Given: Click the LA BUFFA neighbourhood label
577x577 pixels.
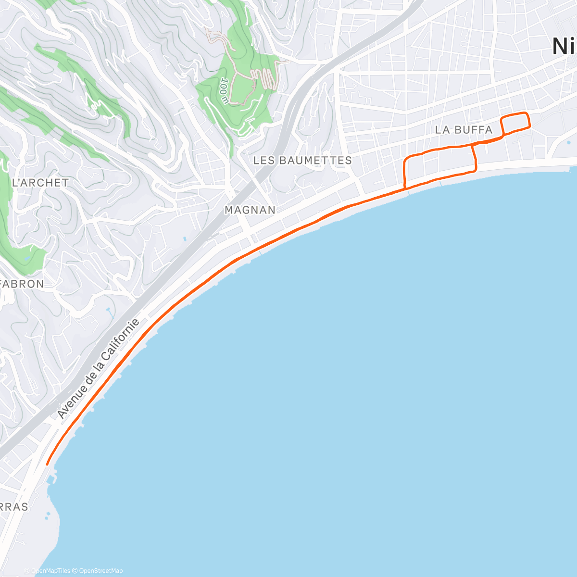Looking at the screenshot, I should click(x=464, y=130).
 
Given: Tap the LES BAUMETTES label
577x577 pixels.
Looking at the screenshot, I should click(x=302, y=160).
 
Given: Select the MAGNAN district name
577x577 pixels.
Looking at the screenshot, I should click(x=250, y=210).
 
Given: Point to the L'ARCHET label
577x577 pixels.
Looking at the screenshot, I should click(x=40, y=183).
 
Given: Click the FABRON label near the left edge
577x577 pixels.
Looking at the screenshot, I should click(x=22, y=284).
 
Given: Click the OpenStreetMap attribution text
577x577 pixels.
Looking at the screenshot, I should click(x=101, y=571).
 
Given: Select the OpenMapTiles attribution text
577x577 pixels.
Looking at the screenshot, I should click(x=50, y=571).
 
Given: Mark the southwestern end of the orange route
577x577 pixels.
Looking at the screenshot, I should click(x=47, y=464).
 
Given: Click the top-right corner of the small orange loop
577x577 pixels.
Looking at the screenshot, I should click(x=527, y=113).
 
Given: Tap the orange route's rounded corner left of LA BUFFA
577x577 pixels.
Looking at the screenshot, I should click(x=407, y=159).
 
